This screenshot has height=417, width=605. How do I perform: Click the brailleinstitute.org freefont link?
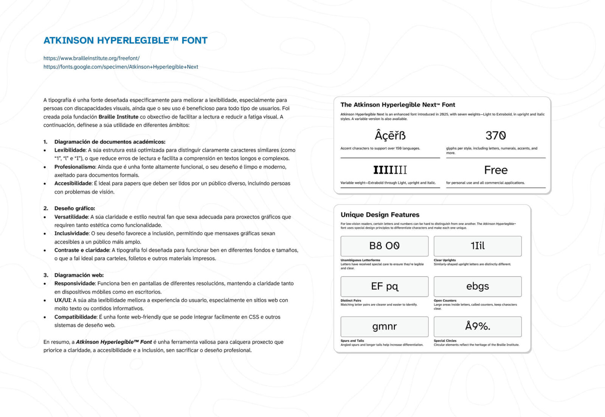[x=92, y=58]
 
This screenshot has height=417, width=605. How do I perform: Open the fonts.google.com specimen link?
[x=121, y=67]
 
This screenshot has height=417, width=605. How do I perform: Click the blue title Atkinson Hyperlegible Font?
[x=126, y=40]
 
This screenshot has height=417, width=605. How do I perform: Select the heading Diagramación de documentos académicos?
[x=110, y=142]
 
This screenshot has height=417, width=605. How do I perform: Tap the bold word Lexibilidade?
[x=70, y=150]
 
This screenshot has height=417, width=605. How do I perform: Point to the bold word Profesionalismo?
[x=75, y=167]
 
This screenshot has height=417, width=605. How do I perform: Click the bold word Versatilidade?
[x=71, y=217]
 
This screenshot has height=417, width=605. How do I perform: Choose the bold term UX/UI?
[x=62, y=300]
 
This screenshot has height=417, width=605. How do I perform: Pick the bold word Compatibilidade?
[x=75, y=317]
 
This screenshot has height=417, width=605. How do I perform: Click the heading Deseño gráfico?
[x=74, y=208]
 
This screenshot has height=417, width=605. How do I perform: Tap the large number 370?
[x=496, y=135]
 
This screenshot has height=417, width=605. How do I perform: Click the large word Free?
[x=496, y=170]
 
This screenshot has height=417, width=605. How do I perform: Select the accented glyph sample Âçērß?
[x=390, y=135]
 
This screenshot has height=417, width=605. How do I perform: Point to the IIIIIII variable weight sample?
[x=390, y=170]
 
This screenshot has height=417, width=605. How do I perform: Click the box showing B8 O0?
[x=384, y=246]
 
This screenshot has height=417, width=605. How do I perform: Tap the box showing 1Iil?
[x=478, y=246]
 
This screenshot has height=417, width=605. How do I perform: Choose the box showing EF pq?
[x=384, y=287]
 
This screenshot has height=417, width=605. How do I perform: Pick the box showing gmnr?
[x=384, y=327]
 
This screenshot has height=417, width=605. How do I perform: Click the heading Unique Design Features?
[x=380, y=215]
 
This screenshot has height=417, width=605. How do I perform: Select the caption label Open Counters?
[x=445, y=301]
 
